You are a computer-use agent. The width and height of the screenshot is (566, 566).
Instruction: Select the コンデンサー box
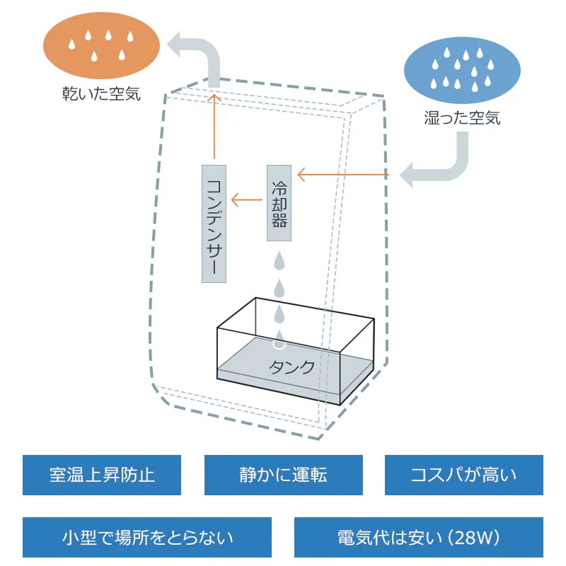[214, 224]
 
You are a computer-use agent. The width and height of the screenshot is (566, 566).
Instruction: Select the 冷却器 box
[279, 202]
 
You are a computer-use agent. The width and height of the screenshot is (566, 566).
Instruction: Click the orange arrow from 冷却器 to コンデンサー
[247, 200]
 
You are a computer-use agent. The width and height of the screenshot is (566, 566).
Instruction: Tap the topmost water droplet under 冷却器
[279, 262]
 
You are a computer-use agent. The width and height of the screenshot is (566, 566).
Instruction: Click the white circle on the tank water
[279, 345]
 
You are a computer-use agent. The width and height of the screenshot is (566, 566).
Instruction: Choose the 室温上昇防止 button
[102, 474]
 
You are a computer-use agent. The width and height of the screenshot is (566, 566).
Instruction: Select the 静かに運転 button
[283, 474]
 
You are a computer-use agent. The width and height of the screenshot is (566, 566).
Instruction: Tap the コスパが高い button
[463, 474]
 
